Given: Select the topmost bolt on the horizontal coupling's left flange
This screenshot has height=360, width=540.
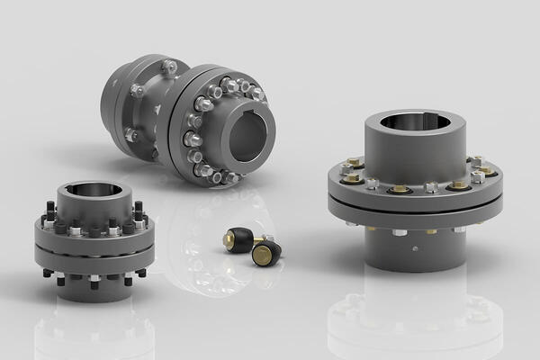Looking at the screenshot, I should point(169,67).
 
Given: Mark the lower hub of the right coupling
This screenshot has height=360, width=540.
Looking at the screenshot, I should point(414,247).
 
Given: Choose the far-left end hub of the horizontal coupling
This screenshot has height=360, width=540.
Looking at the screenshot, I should point(113,90).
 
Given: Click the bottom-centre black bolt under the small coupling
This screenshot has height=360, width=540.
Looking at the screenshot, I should point(92,283).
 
